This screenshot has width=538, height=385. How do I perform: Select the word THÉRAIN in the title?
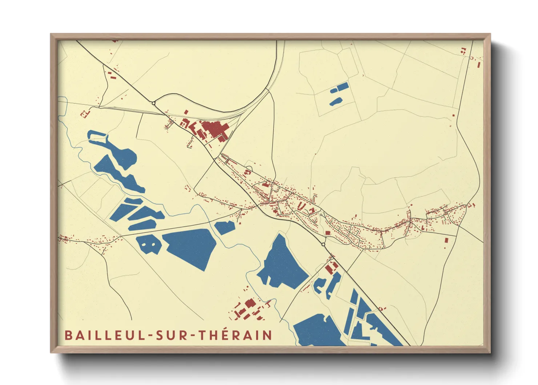[x=236, y=335]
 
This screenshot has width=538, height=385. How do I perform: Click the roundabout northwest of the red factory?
[x=154, y=103]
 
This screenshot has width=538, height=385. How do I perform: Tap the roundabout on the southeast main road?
[x=323, y=244]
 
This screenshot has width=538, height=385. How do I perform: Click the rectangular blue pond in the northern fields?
[x=342, y=87]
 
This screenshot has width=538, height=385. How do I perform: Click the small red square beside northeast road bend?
[x=453, y=115]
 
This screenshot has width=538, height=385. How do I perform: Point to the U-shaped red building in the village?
[x=301, y=206]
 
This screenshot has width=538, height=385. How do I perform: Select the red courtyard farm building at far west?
[x=85, y=114]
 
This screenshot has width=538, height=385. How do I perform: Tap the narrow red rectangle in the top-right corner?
[x=479, y=65]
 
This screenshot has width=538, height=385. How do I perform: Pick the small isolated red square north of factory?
[x=186, y=112]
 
